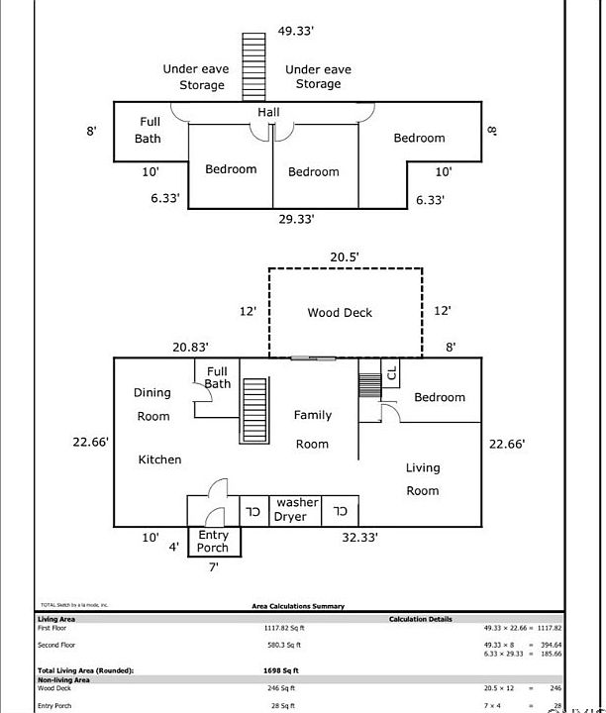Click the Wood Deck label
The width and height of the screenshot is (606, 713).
(x=339, y=313)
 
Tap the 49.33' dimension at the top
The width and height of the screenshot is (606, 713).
(x=295, y=31)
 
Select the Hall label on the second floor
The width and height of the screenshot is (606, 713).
(x=268, y=113)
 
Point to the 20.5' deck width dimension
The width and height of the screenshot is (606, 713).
(x=345, y=257)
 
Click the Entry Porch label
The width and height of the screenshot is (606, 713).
(x=213, y=542)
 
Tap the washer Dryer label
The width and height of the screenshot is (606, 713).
(x=297, y=510)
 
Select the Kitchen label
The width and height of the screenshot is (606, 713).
(x=159, y=459)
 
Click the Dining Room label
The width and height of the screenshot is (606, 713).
(x=152, y=405)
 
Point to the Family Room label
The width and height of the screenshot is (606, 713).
(x=313, y=430)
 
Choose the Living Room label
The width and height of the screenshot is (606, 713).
(x=423, y=479)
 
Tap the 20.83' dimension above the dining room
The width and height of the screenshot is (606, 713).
(x=190, y=347)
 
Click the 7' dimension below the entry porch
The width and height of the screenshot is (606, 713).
(x=213, y=567)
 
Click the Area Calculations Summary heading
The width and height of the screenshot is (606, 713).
(x=292, y=606)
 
